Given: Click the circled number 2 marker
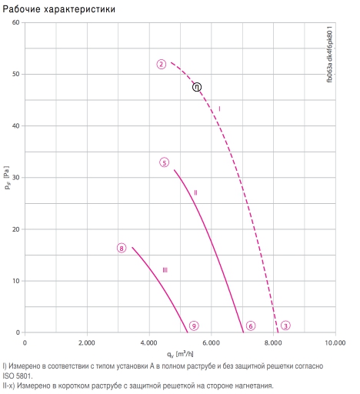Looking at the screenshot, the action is click(x=162, y=64).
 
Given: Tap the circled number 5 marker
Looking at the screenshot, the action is click(x=165, y=162).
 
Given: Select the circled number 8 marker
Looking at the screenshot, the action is click(x=122, y=248).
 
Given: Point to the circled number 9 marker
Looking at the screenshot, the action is click(x=194, y=326).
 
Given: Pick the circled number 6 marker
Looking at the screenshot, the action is click(x=251, y=326).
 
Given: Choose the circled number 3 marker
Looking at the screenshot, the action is click(x=285, y=326).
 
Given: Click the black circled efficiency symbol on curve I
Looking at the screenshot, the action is click(x=197, y=87).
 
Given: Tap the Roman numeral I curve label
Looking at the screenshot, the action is click(x=219, y=109).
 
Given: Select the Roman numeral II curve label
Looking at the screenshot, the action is click(x=195, y=192).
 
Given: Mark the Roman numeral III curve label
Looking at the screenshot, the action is click(x=165, y=270).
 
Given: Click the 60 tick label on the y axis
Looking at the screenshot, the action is click(x=15, y=22).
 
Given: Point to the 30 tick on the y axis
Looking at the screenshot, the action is click(x=15, y=178).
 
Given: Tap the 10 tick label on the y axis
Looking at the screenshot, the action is click(x=15, y=281).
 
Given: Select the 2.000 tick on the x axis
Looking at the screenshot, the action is click(x=87, y=343).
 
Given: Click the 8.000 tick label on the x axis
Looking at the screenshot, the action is click(x=273, y=343).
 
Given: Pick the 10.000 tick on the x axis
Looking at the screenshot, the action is click(x=335, y=343).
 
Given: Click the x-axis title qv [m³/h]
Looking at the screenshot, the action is click(x=180, y=354).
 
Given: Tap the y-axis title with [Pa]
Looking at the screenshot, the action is click(x=7, y=178).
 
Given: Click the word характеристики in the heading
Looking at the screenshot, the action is click(x=79, y=9).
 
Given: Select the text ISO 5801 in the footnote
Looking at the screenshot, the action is click(x=17, y=376).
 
